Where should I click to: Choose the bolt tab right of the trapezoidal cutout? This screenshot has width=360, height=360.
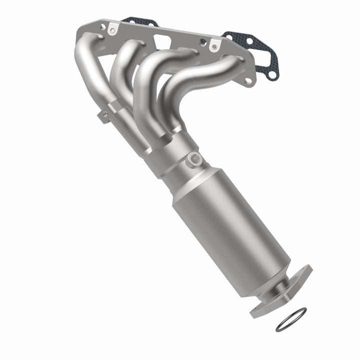point(214,46)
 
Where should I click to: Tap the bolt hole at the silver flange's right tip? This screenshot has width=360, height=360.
point(248,80)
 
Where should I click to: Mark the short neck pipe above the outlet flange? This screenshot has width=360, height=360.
point(278,280)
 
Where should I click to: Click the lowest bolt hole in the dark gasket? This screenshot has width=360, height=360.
point(271,75)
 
